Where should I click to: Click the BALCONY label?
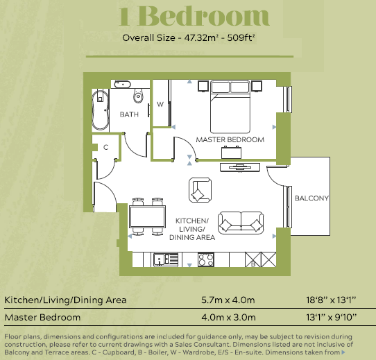(311, 198)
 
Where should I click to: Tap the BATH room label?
(129, 114)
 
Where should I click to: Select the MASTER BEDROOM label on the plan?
(230, 139)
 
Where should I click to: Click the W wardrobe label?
(160, 104)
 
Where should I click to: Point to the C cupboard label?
(105, 147)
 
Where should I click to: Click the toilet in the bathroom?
(138, 96)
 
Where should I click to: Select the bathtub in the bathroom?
(101, 110)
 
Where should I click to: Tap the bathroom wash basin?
(123, 84)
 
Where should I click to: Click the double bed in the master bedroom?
(230, 107)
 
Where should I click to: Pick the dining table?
(147, 217)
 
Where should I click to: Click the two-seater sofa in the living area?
(241, 223)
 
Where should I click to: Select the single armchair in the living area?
(200, 190)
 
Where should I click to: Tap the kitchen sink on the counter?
(166, 259)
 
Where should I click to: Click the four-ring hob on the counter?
(206, 259)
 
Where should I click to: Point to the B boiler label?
(253, 264)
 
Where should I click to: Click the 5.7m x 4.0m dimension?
(228, 300)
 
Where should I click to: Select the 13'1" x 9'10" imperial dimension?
(332, 317)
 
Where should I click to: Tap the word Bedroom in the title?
(203, 16)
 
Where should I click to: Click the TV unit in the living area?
(240, 167)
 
